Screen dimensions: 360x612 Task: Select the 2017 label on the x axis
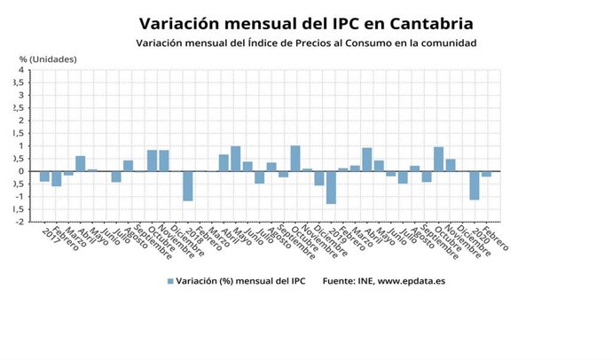click(50, 239)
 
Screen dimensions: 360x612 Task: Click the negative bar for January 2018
click(188, 185)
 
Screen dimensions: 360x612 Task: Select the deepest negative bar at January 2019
click(331, 187)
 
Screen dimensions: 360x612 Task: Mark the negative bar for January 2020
click(475, 184)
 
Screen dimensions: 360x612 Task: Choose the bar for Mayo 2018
click(236, 159)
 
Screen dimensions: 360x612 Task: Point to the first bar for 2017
click(44, 176)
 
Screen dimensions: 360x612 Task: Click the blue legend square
click(170, 281)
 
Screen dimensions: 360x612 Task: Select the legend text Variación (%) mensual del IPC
click(241, 281)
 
